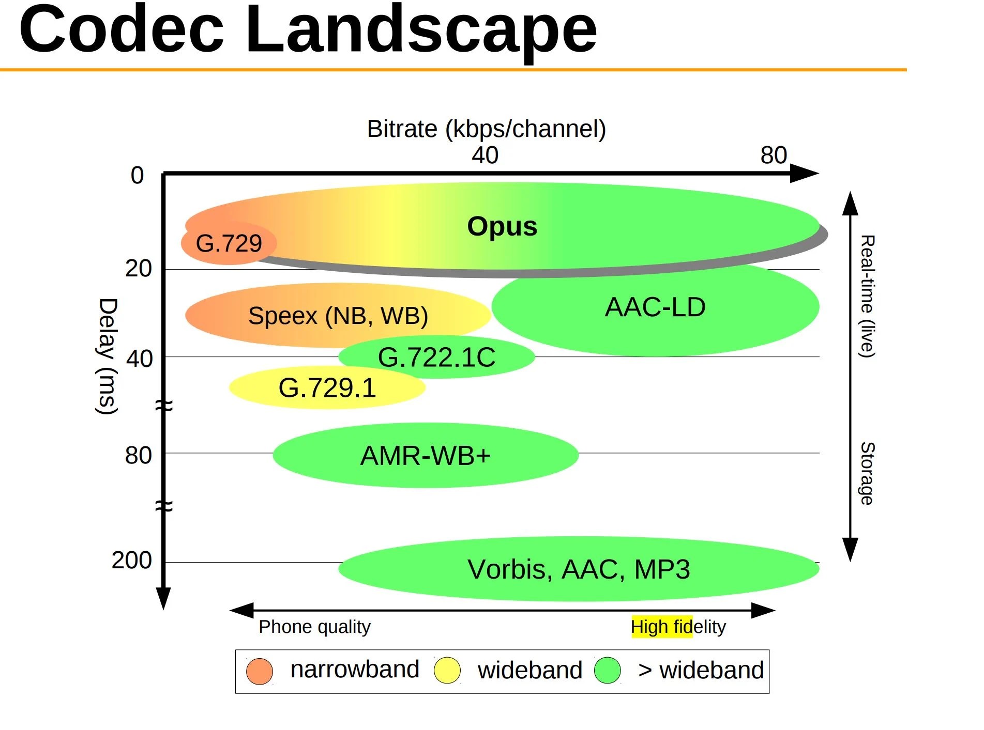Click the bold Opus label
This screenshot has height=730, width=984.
click(x=502, y=226)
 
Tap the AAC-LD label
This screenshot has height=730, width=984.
click(x=655, y=307)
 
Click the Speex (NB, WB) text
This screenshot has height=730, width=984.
click(x=338, y=316)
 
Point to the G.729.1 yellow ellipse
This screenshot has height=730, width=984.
click(x=327, y=388)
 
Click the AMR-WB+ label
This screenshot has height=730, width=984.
click(x=425, y=456)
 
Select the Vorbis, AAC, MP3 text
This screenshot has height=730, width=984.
click(x=578, y=569)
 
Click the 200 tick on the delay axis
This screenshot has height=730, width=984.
click(x=132, y=561)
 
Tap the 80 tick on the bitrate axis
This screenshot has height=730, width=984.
click(x=774, y=155)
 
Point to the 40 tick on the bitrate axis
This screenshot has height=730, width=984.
click(x=485, y=155)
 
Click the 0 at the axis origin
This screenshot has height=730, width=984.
click(x=137, y=176)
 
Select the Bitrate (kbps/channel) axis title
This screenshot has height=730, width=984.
click(x=486, y=129)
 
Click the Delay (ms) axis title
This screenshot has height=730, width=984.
click(x=108, y=356)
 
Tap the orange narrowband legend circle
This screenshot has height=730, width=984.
click(x=259, y=671)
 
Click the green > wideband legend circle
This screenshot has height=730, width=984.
click(x=607, y=671)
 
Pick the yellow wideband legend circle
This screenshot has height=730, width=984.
click(x=447, y=671)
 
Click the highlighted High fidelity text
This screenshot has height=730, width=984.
click(x=678, y=627)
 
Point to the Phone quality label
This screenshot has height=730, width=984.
click(x=314, y=627)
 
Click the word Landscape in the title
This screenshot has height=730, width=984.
click(x=420, y=30)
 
